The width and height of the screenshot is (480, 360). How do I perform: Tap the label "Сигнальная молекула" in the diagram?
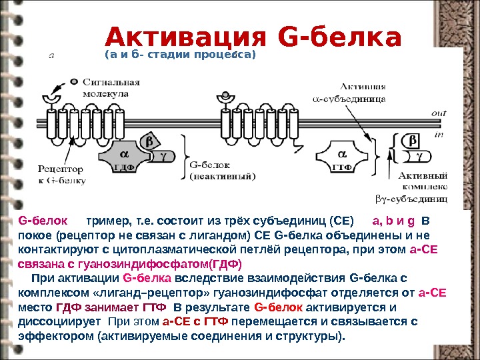click(111, 88)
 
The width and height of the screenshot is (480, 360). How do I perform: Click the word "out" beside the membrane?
click(438, 113)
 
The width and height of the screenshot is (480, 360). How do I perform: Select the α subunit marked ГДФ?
click(123, 159)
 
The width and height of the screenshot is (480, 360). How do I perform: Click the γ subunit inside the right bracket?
click(419, 156)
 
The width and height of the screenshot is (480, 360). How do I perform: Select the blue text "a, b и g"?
click(393, 221)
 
